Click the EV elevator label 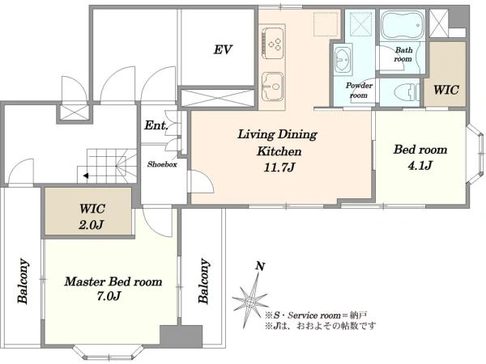pyautogui.click(x=223, y=50)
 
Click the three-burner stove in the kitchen pyautogui.click(x=272, y=43)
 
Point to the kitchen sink pyautogui.click(x=272, y=87)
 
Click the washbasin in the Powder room pyautogui.click(x=343, y=60)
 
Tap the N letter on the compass pyautogui.click(x=260, y=266)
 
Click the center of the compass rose pyautogui.click(x=249, y=302)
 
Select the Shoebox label pyautogui.click(x=162, y=164)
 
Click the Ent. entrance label pyautogui.click(x=156, y=125)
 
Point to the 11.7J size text pyautogui.click(x=279, y=167)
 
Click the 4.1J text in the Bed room pyautogui.click(x=420, y=166)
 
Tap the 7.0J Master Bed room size pyautogui.click(x=109, y=296)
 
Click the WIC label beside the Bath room pyautogui.click(x=446, y=90)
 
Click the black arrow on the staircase pyautogui.click(x=86, y=176)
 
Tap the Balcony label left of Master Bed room pyautogui.click(x=23, y=281)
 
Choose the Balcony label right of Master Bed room pyautogui.click(x=203, y=281)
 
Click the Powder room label pyautogui.click(x=359, y=90)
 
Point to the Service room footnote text pyautogui.click(x=316, y=315)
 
